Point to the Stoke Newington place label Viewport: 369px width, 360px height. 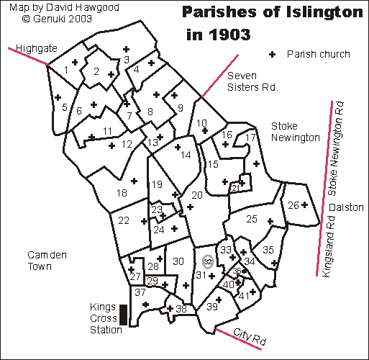click(x=294, y=131)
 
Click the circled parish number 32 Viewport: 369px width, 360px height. click(x=207, y=261)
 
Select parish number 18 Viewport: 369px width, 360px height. click(x=122, y=192)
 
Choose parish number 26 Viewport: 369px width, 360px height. click(x=293, y=206)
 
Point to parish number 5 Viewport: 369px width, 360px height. click(x=65, y=108)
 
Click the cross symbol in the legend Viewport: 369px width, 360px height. click(x=272, y=54)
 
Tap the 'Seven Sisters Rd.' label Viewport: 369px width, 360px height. click(x=252, y=82)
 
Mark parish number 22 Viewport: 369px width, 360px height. click(x=124, y=220)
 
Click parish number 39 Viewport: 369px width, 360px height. click(x=212, y=307)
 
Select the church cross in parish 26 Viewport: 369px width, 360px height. click(x=304, y=204)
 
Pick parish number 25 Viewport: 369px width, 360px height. click(x=251, y=218)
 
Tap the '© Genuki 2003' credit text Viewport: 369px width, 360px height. click(x=42, y=20)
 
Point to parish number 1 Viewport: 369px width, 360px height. click(x=66, y=69)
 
